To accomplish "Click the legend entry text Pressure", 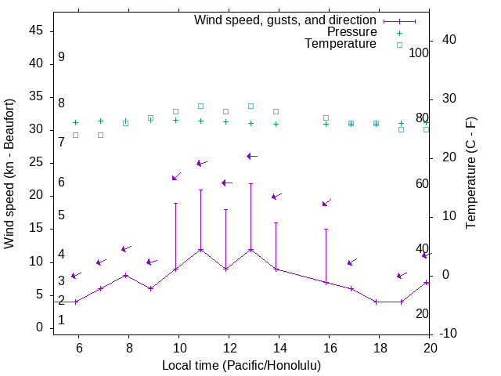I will point(352,32).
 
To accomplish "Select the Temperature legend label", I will point(341,44).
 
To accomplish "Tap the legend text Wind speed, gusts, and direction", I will point(286,20).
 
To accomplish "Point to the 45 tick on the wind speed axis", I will point(36,31).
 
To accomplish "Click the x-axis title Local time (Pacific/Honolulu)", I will point(241,365).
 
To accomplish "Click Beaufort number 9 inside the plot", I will point(61,57).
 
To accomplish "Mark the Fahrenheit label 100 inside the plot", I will point(419,52).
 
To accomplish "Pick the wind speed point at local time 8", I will point(125,275).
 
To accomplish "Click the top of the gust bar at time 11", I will point(200,190).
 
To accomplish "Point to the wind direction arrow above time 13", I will point(252,157).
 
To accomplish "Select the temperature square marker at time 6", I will point(75,135).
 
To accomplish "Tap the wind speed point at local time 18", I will point(377,302).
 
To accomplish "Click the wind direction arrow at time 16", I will point(326,203).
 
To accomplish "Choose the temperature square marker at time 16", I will point(326,117).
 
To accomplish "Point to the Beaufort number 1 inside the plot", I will point(61,320).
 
